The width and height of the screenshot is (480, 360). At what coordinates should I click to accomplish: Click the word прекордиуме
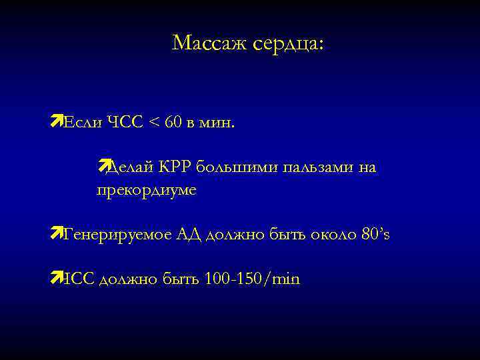(147, 190)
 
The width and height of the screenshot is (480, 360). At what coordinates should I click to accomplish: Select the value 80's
(373, 234)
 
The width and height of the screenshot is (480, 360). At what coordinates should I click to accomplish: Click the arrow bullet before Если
(55, 121)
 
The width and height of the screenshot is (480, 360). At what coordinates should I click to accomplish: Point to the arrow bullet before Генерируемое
(55, 232)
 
